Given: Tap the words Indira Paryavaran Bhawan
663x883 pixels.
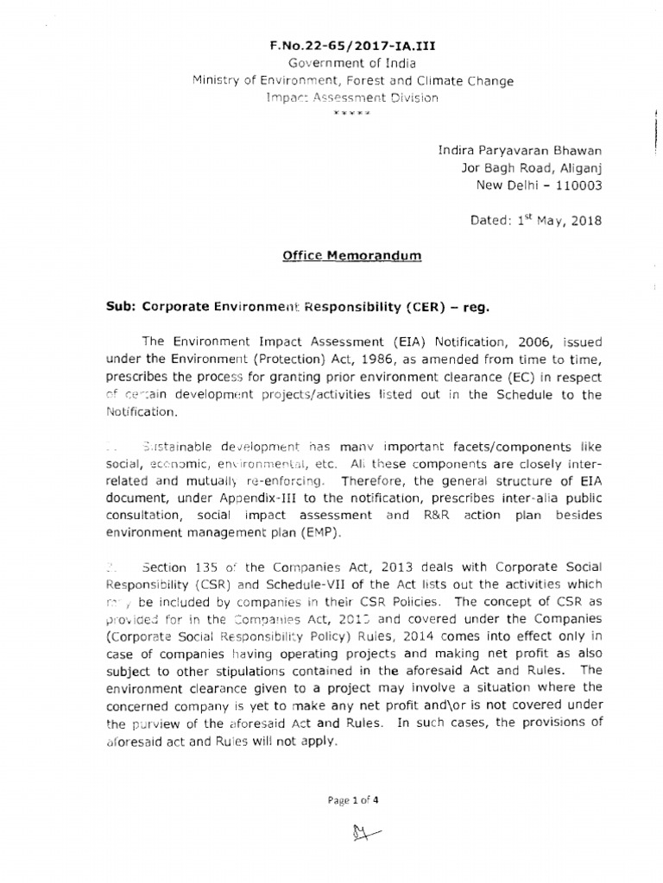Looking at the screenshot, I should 521,151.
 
